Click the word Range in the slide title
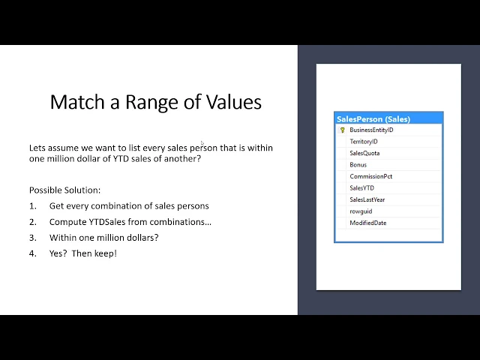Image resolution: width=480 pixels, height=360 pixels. (151, 103)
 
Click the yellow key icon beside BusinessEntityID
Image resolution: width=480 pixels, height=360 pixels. (342, 130)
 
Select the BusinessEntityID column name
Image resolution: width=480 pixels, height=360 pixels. (371, 130)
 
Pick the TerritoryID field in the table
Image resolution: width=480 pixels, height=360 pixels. (364, 142)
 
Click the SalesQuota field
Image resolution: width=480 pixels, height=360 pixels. (364, 153)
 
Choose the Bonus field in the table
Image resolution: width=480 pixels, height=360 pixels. (358, 165)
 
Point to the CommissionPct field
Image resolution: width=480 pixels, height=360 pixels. (371, 176)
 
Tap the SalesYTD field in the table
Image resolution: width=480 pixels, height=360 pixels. (361, 188)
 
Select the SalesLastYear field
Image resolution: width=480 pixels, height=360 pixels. (367, 199)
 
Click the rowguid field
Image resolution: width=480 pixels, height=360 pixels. (361, 211)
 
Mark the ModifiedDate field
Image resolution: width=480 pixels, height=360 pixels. (368, 223)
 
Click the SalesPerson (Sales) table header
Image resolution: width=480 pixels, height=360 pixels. (373, 119)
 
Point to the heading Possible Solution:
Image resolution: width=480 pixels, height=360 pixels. (65, 190)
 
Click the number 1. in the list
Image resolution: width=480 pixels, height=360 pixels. (33, 206)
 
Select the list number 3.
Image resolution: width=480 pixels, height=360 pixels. (33, 238)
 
